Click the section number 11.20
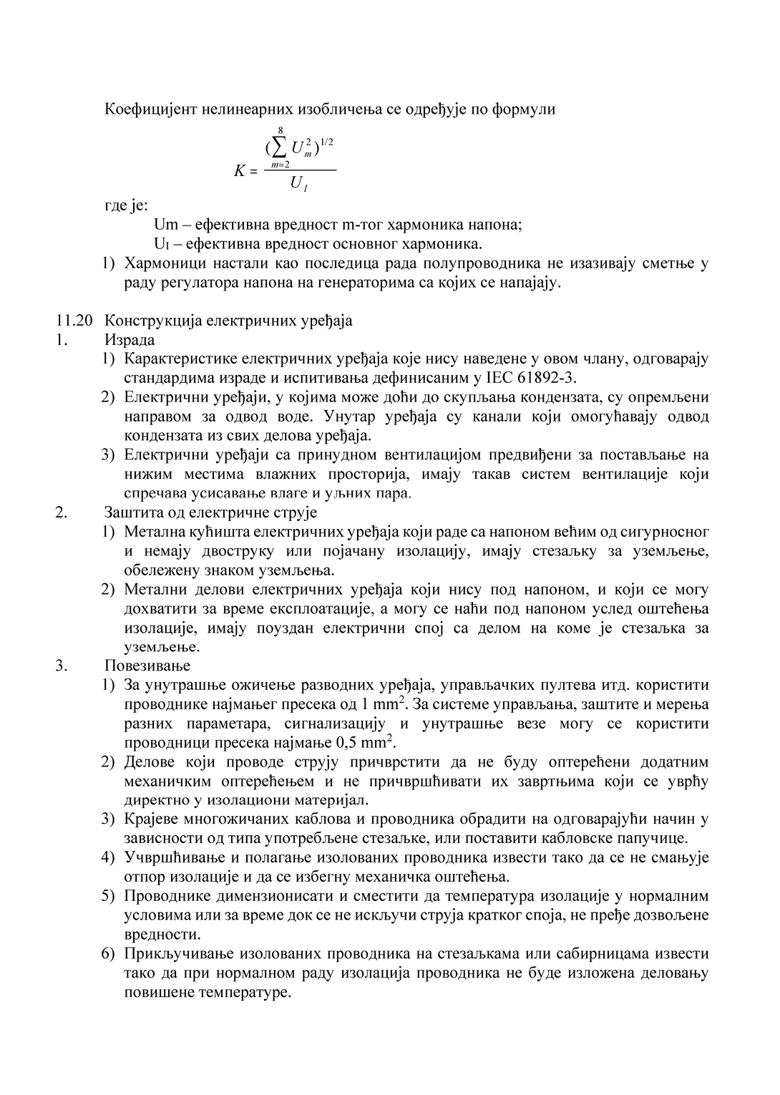pyautogui.click(x=74, y=321)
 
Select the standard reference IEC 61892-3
pyautogui.click(x=532, y=377)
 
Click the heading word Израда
pyautogui.click(x=130, y=340)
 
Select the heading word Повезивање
pyautogui.click(x=147, y=666)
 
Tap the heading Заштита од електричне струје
pyautogui.click(x=210, y=512)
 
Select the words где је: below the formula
pyautogui.click(x=127, y=206)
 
